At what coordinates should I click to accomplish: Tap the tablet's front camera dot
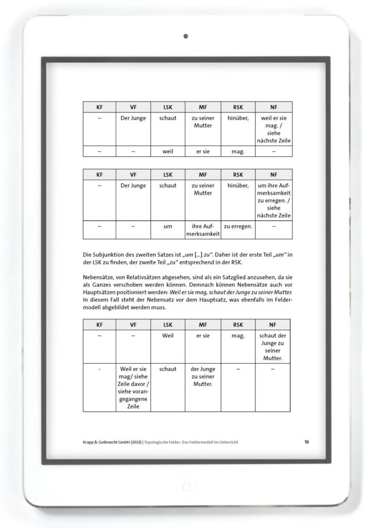(185, 36)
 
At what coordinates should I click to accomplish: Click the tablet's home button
(184, 486)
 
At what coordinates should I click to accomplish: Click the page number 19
(307, 442)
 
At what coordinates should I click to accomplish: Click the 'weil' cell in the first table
(168, 152)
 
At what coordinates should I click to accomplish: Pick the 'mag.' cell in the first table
(238, 152)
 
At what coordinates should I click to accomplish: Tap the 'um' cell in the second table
(168, 226)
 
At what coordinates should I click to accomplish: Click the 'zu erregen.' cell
(238, 226)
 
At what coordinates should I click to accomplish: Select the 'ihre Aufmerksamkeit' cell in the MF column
(203, 230)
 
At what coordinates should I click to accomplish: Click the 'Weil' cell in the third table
(168, 335)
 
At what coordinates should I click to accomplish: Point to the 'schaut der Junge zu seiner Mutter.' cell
(273, 346)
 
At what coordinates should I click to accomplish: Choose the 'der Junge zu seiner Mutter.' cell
(203, 377)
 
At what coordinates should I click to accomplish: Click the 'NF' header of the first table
(273, 107)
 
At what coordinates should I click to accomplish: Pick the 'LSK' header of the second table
(168, 174)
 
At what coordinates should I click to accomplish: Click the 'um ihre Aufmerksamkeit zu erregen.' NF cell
(273, 200)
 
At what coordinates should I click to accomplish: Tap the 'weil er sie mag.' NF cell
(273, 129)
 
